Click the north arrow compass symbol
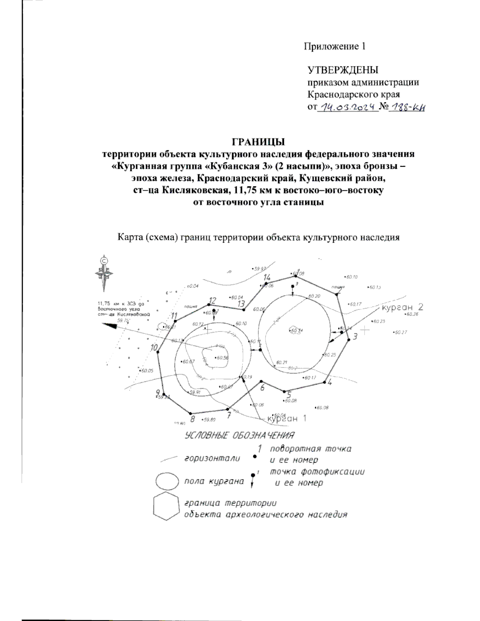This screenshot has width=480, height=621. [104, 273]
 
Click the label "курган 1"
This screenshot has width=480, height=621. [287, 419]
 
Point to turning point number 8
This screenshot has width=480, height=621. [191, 413]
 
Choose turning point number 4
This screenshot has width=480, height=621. [324, 383]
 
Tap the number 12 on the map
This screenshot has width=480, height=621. [212, 301]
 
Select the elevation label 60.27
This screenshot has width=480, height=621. [400, 332]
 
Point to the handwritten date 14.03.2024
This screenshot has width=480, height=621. [346, 107]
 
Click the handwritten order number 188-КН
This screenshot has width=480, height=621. [407, 107]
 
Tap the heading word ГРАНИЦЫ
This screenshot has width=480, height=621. [258, 142]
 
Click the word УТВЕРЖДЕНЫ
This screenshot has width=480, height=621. [343, 70]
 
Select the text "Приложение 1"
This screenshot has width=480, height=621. [335, 46]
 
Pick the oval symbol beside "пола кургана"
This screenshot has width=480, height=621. [166, 481]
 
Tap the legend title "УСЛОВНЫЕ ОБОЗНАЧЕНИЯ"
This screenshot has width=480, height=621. [240, 435]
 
